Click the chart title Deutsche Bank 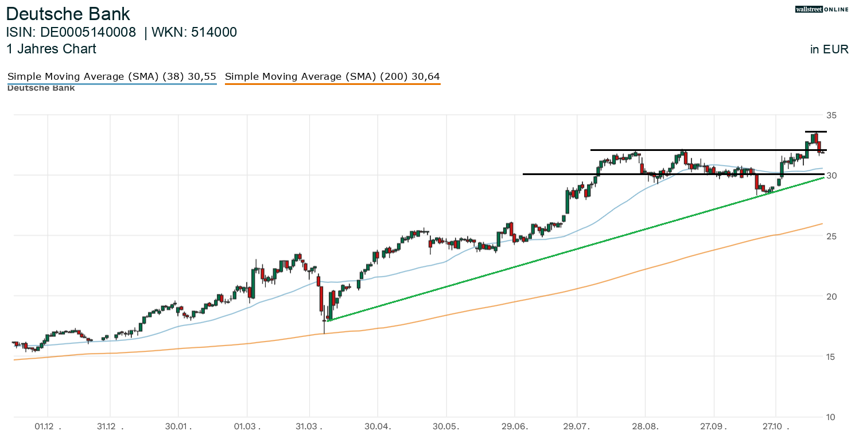(68, 14)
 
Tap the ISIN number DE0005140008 (88, 33)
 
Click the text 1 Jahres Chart (51, 49)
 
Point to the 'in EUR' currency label (829, 49)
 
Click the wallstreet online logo (821, 9)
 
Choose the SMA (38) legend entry (112, 76)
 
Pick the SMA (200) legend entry (332, 76)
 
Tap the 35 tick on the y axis (831, 115)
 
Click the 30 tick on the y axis (831, 175)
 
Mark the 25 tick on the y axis (831, 236)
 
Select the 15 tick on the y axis (831, 356)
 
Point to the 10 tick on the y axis (831, 417)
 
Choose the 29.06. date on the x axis (514, 426)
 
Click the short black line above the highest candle (815, 131)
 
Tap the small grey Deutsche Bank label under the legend (41, 88)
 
